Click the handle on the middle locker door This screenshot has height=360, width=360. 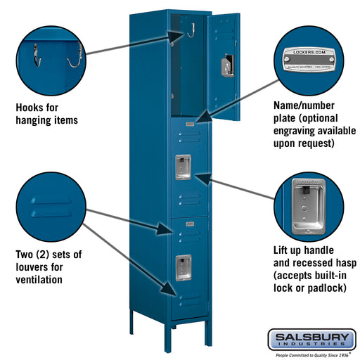184,165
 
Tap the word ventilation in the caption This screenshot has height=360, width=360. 39,279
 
